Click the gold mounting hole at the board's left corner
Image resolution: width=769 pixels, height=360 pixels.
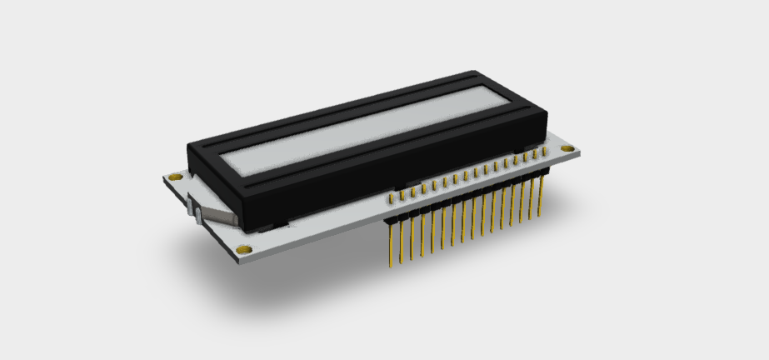173,177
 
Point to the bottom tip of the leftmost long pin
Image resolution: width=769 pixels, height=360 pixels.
392,267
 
